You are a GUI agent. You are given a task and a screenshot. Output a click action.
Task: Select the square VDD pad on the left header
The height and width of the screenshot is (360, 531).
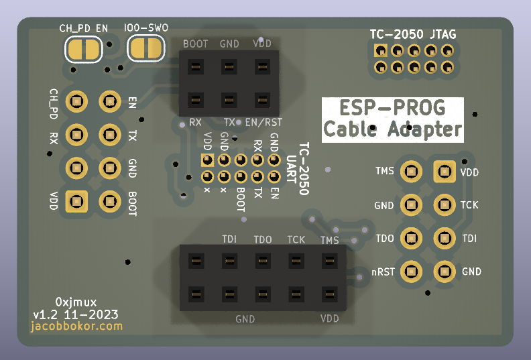[76, 200]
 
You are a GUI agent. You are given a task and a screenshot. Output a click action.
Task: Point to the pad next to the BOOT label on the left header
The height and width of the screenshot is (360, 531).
[109, 200]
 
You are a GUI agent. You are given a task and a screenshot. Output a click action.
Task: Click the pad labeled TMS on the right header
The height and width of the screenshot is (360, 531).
[410, 172]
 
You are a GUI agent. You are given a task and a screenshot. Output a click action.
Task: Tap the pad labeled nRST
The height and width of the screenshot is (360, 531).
[410, 272]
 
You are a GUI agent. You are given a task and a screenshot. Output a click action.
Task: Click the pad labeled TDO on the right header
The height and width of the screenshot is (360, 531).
[410, 238]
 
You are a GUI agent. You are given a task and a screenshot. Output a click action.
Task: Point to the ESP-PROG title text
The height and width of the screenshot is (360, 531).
[392, 108]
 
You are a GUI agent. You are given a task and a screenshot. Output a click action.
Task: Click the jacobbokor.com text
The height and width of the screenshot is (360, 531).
[77, 326]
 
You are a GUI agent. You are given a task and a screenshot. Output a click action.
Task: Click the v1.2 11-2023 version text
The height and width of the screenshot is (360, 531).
[76, 314]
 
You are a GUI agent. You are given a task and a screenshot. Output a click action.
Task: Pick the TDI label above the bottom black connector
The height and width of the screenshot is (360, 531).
[229, 239]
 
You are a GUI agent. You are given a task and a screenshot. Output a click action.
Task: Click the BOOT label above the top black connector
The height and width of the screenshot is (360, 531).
[195, 44]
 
